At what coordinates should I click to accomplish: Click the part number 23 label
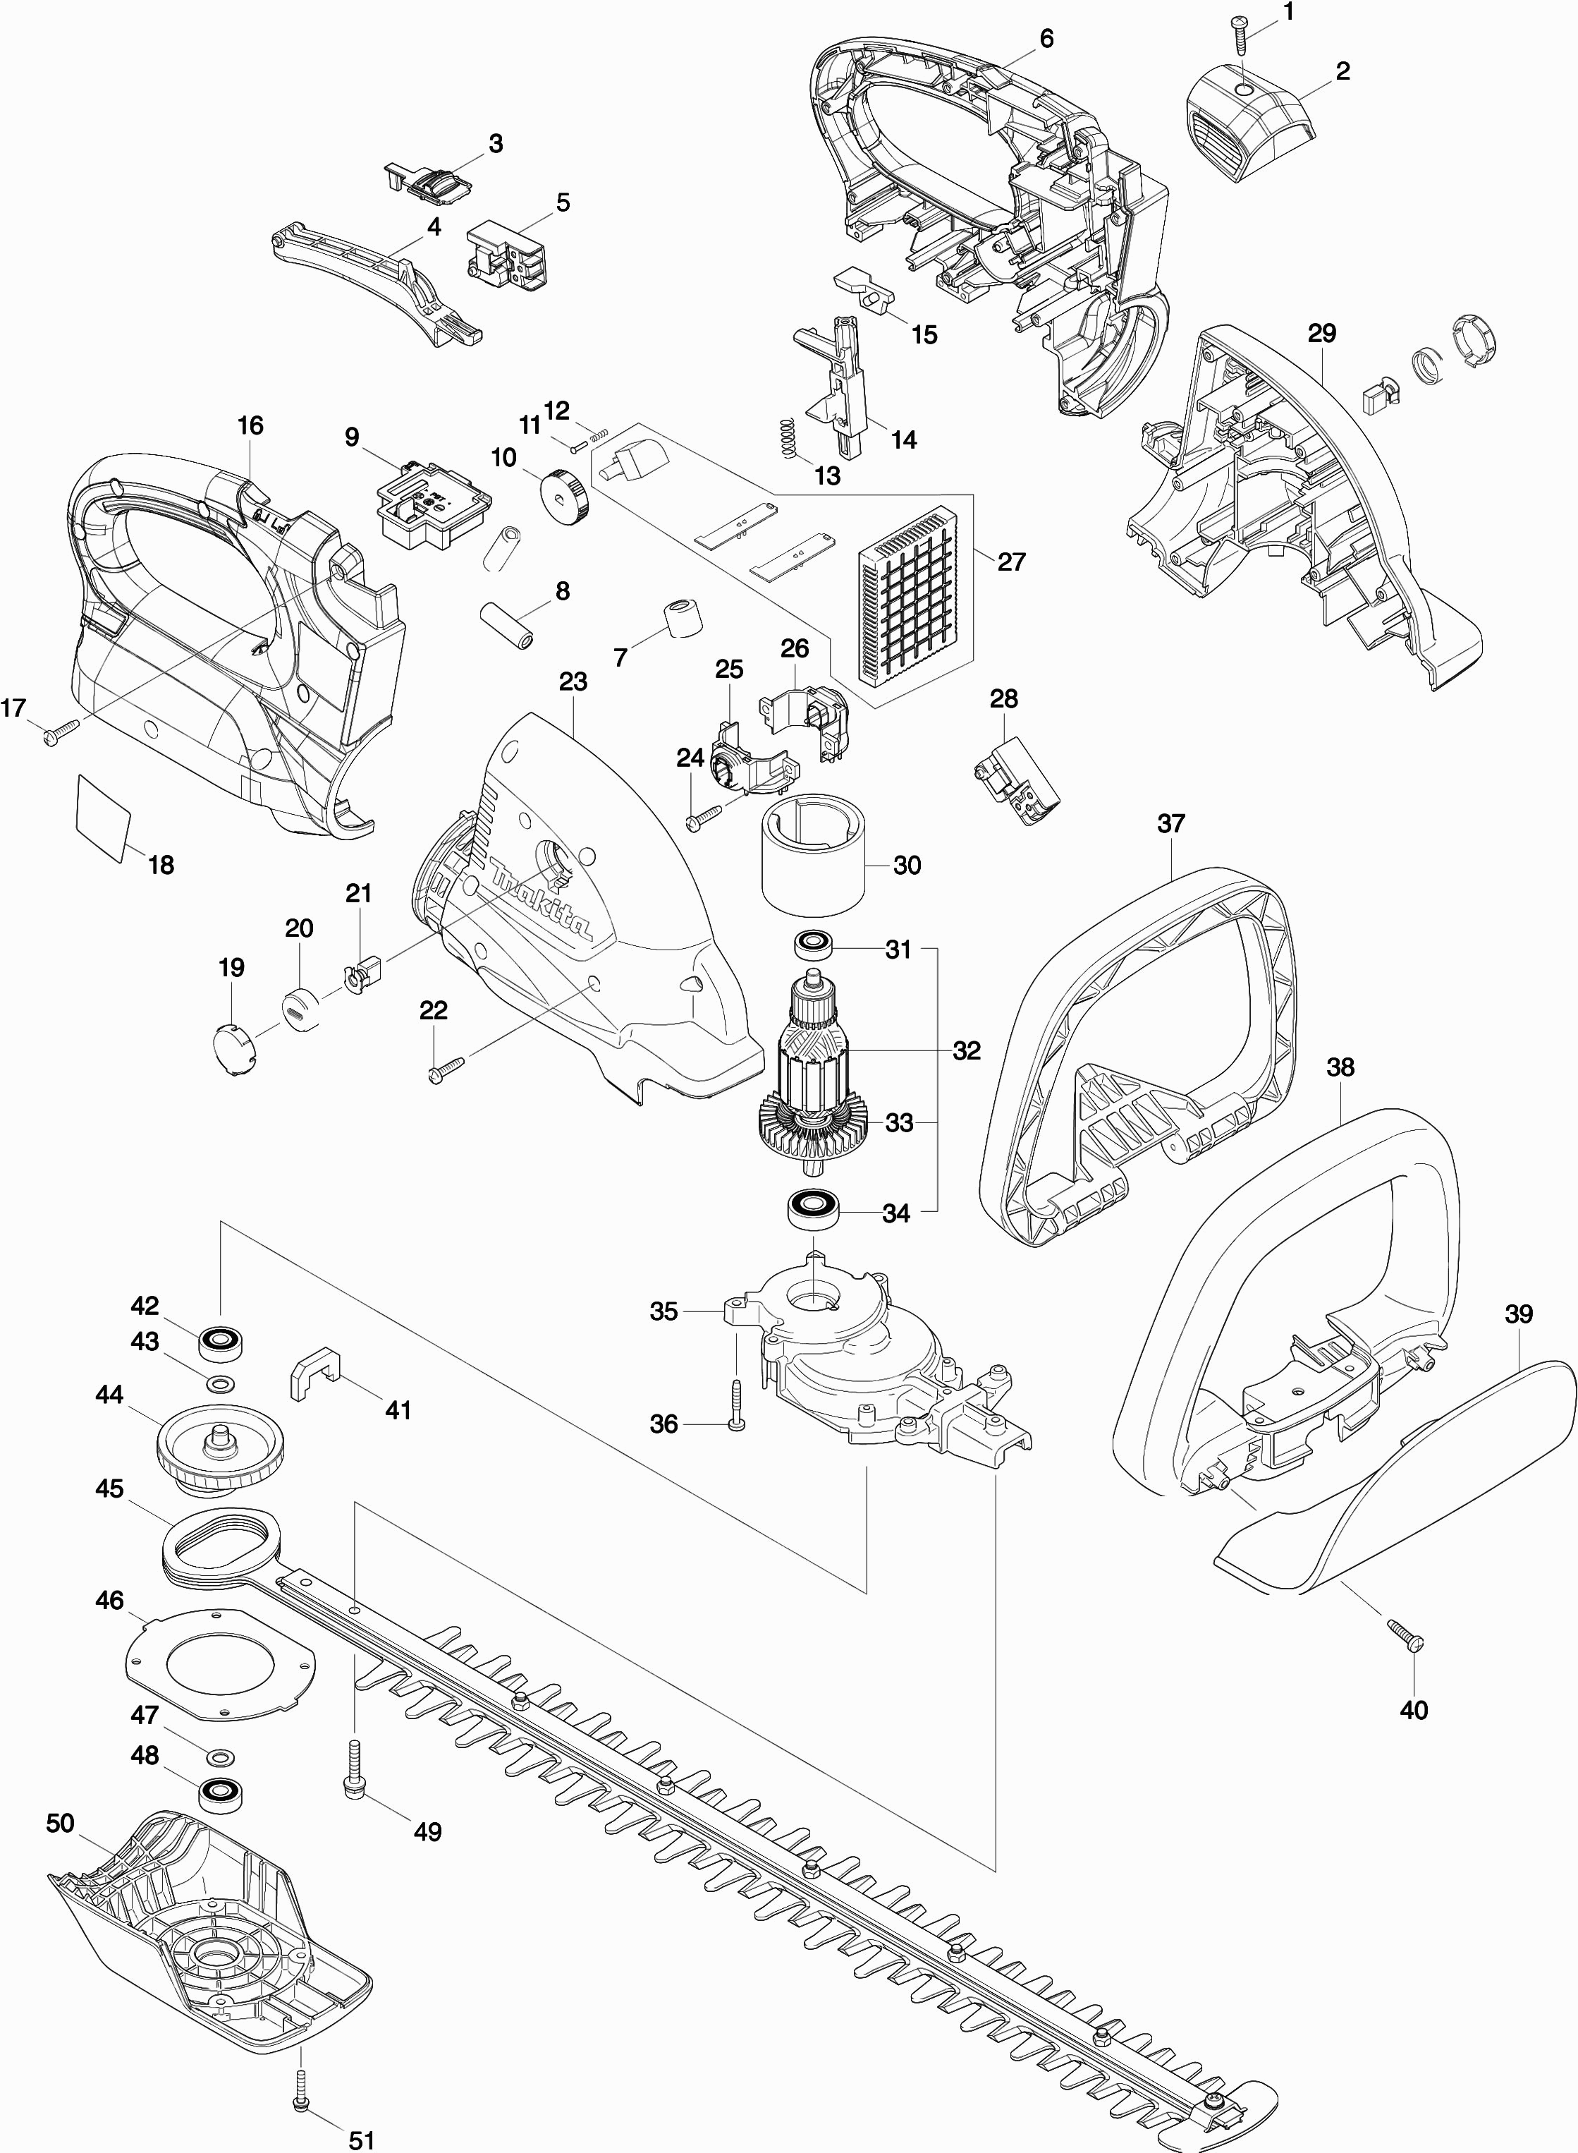tap(573, 682)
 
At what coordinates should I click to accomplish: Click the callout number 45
tap(110, 1489)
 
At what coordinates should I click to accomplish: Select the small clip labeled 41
tap(314, 1376)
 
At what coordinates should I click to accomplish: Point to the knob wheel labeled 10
tap(563, 496)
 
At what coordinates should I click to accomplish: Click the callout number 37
tap(1171, 824)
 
